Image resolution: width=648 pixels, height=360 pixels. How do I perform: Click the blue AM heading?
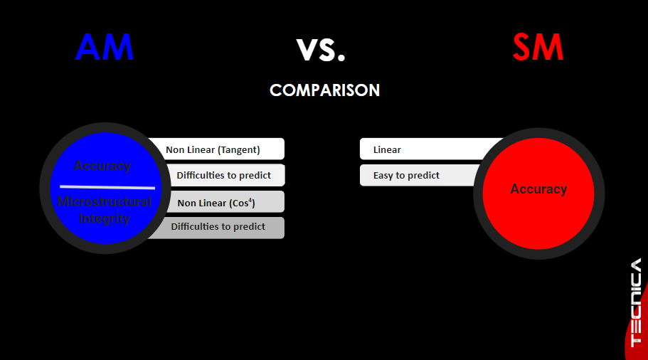click(104, 47)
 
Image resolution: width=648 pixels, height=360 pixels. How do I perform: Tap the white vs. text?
click(321, 50)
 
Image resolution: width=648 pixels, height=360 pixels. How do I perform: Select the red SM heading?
click(538, 47)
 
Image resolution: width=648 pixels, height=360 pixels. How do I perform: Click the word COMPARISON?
click(324, 90)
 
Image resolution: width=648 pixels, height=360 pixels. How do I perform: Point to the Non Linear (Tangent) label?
click(213, 149)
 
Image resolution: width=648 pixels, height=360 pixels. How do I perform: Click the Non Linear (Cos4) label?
click(216, 203)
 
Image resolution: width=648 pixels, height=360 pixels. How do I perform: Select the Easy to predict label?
click(406, 175)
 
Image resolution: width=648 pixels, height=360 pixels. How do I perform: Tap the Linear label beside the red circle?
click(387, 149)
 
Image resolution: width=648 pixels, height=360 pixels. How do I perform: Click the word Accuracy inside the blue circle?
click(102, 166)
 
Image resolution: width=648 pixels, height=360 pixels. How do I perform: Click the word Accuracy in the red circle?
click(538, 189)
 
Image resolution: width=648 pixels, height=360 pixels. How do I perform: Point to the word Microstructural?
click(104, 201)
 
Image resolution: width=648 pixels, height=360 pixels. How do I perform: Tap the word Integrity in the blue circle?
click(104, 218)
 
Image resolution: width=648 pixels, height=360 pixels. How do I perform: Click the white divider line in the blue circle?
click(107, 187)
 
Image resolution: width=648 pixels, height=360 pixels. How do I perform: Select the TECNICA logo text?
click(636, 302)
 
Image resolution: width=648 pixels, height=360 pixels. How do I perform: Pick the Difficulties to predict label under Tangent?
click(223, 175)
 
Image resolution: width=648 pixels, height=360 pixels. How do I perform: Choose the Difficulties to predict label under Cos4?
click(218, 226)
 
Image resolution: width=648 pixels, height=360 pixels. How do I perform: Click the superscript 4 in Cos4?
click(250, 200)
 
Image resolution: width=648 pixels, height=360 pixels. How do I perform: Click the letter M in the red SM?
click(549, 47)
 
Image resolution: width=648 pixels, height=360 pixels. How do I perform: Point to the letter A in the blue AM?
click(88, 47)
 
